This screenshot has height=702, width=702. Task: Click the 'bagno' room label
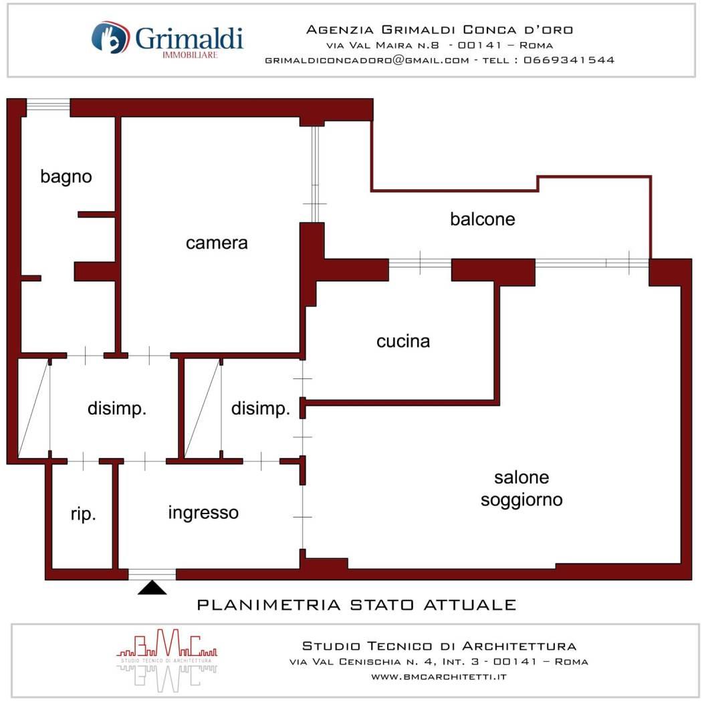click(x=66, y=177)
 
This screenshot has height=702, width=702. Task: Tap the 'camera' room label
click(x=217, y=243)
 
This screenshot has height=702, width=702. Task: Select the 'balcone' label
click(x=483, y=219)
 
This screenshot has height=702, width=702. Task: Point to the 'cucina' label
click(x=403, y=342)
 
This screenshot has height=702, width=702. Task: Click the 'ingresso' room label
click(x=203, y=513)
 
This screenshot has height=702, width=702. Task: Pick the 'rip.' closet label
click(x=84, y=514)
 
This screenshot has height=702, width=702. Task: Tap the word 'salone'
click(x=521, y=478)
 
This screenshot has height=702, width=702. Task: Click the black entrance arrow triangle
click(x=152, y=588)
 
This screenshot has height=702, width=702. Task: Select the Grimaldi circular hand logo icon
click(x=110, y=37)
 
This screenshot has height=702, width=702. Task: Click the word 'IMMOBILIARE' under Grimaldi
click(x=190, y=55)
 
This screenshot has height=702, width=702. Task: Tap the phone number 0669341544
click(x=569, y=60)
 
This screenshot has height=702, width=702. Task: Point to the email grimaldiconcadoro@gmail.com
click(x=367, y=60)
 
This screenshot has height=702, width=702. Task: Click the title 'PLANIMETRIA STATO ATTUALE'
click(x=357, y=605)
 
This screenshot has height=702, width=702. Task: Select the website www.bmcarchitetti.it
click(x=439, y=677)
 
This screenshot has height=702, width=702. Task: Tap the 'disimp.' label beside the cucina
click(x=261, y=409)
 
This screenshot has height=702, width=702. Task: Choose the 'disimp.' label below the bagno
click(x=117, y=409)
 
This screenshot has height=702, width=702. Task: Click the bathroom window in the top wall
click(x=48, y=106)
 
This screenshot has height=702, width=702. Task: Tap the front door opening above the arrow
click(x=152, y=574)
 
